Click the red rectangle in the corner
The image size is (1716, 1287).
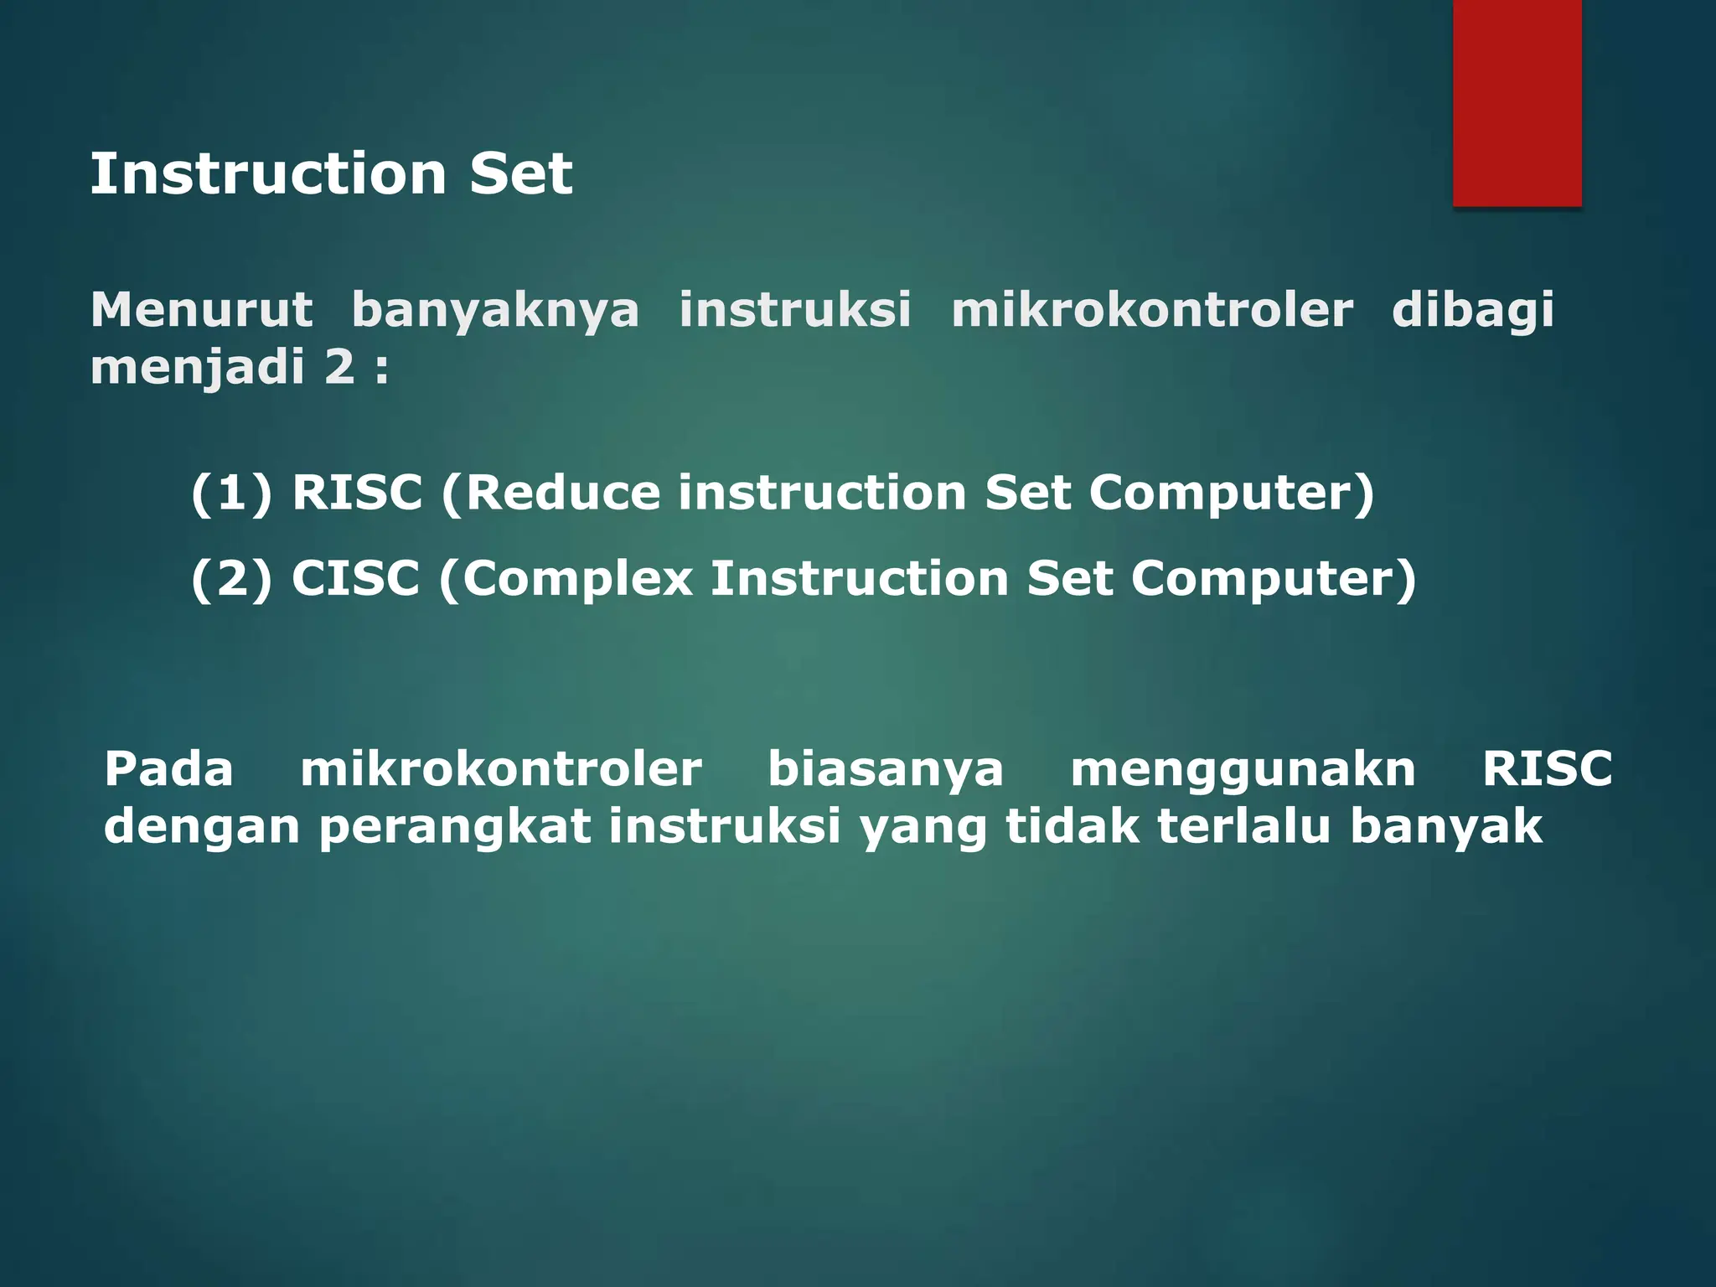[1517, 102]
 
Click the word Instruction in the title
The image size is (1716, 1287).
[268, 174]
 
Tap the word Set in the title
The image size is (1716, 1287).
[520, 174]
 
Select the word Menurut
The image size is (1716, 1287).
[202, 310]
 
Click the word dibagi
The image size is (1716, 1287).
[1472, 310]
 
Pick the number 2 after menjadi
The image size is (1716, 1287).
[339, 367]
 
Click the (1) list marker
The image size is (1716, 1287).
[231, 493]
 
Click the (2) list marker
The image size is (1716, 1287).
[231, 579]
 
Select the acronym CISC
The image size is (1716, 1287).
[355, 579]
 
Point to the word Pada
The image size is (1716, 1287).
[168, 769]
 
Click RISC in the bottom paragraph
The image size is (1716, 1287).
[1547, 769]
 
